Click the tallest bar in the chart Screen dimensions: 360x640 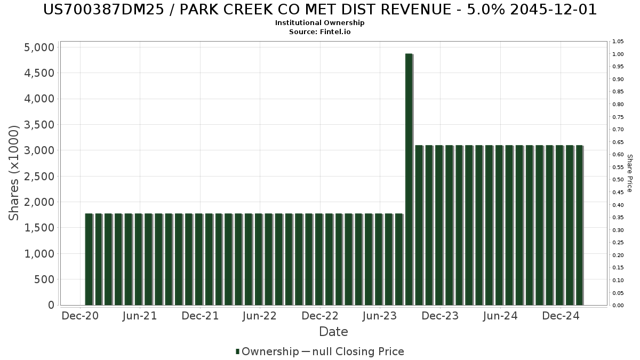(x=409, y=179)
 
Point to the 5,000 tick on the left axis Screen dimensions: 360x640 (x=39, y=47)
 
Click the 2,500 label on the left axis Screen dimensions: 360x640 (x=39, y=177)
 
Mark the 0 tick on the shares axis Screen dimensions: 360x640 (x=51, y=305)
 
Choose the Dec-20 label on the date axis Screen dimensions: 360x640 (x=79, y=316)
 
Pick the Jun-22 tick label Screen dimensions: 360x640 (x=259, y=316)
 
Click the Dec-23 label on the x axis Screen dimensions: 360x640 (x=440, y=316)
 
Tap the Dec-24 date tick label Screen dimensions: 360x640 (x=561, y=316)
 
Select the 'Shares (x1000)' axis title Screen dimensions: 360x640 (x=14, y=173)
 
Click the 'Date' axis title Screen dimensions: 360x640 (x=333, y=332)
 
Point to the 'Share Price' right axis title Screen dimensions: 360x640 (x=629, y=173)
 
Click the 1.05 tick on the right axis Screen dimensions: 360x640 (x=618, y=42)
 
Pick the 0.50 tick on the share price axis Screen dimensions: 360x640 (x=618, y=180)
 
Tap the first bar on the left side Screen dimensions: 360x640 (x=89, y=259)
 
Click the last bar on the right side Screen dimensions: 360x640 (x=579, y=225)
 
